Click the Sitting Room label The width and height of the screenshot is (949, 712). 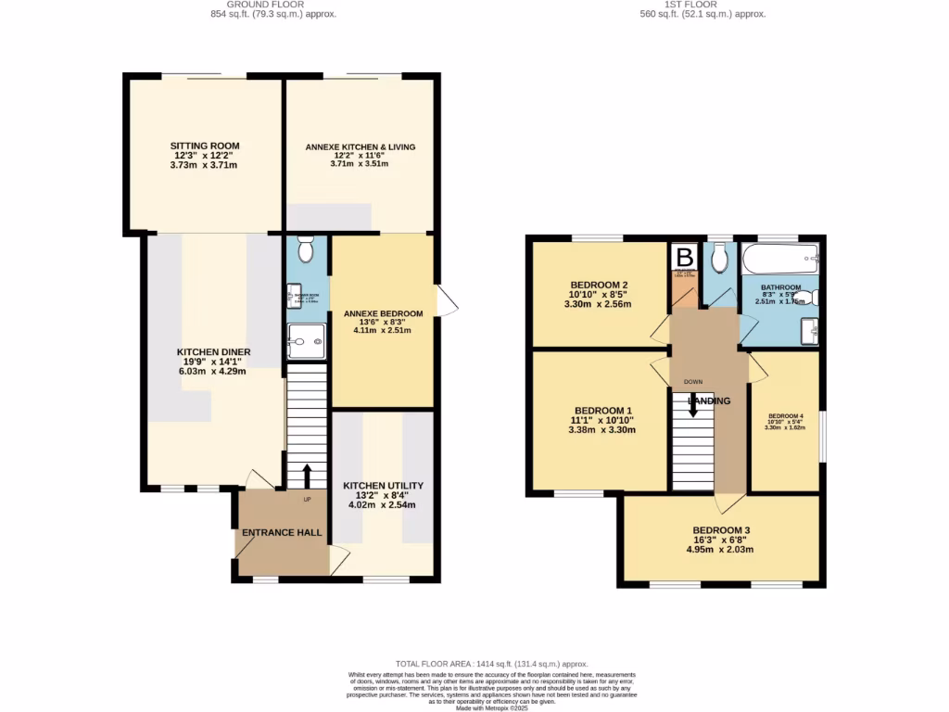204,146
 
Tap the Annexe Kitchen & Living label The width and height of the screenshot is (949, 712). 361,146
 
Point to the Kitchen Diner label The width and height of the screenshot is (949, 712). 213,352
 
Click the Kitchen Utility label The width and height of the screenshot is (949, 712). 383,486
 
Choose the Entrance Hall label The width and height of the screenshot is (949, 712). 282,533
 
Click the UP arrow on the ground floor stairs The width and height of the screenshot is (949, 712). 307,475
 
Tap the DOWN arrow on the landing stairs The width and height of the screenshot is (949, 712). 692,404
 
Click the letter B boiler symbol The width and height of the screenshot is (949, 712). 685,257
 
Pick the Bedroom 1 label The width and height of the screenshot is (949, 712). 603,411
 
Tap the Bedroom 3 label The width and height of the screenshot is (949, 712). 720,530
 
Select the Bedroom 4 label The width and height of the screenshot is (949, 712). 784,416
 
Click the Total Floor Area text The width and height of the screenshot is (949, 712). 492,664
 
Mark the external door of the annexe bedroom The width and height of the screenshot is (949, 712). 446,302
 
